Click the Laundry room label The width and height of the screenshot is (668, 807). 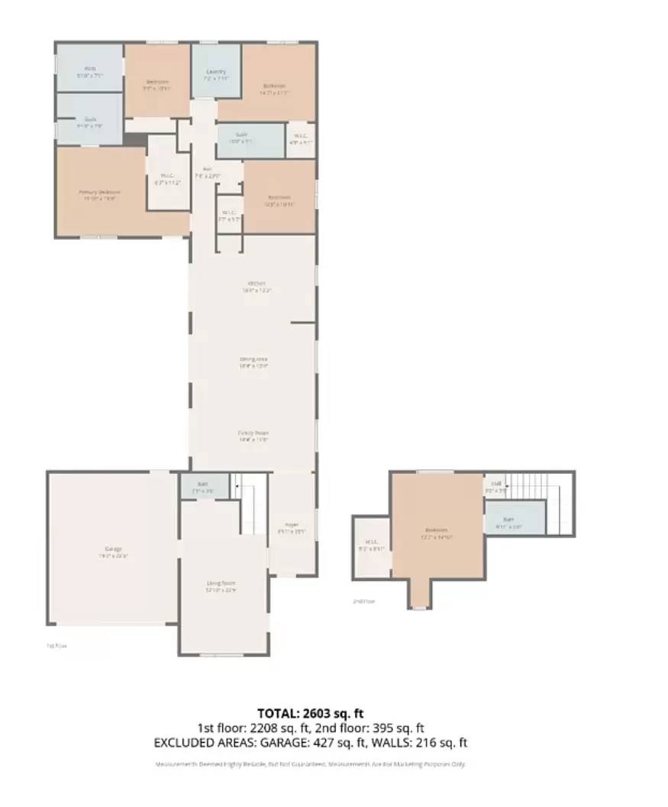216,72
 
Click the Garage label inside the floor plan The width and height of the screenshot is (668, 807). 113,549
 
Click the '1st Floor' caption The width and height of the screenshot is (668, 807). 57,646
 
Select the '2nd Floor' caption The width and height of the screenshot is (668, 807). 363,601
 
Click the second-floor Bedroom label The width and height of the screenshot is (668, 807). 436,530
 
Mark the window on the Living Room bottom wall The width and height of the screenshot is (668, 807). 223,654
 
